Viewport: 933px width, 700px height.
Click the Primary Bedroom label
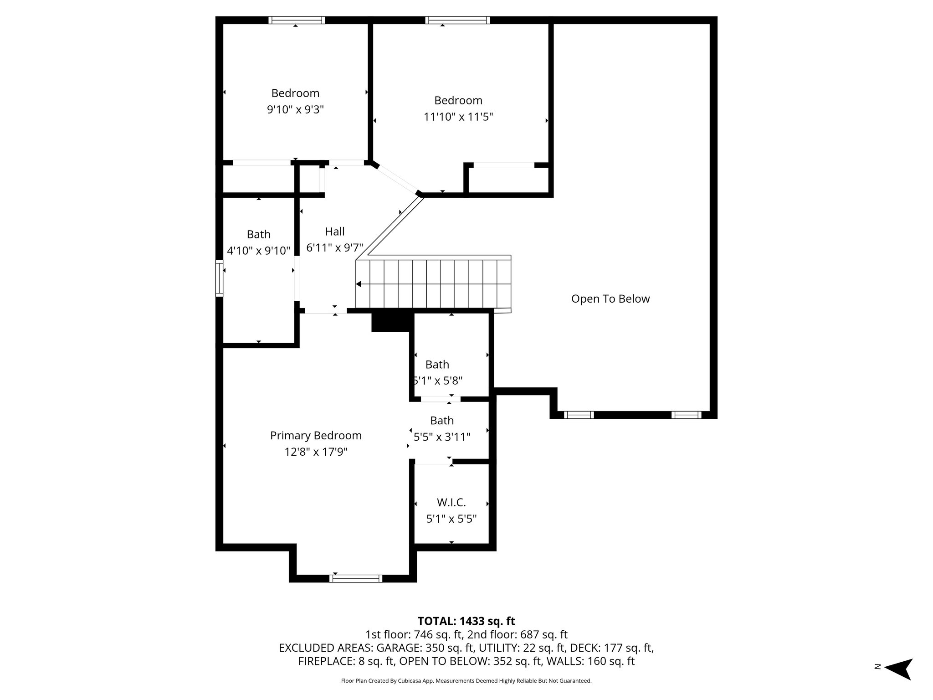click(316, 436)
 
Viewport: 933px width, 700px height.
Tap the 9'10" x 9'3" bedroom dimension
click(295, 110)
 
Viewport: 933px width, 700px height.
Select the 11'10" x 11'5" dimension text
click(458, 117)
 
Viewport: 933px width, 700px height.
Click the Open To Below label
click(610, 299)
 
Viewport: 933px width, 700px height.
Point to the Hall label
click(334, 232)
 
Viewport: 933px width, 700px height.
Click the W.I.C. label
click(451, 503)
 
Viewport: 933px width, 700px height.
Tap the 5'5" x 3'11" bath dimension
click(441, 437)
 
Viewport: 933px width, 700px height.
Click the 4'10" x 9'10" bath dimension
click(258, 251)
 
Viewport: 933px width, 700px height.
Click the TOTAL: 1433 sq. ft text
click(466, 621)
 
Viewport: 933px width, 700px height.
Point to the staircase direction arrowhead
click(359, 284)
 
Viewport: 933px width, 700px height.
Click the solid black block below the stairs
click(390, 322)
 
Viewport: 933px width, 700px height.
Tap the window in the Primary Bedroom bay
click(356, 578)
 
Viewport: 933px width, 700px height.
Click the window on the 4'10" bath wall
click(219, 278)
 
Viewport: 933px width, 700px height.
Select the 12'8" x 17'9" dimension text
click(316, 452)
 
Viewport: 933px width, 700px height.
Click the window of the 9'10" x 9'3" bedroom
click(297, 20)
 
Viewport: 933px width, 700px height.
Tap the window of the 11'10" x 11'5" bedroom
click(457, 20)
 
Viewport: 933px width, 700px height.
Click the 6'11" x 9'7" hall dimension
click(334, 248)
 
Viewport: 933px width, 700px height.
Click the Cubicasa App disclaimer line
click(466, 681)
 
